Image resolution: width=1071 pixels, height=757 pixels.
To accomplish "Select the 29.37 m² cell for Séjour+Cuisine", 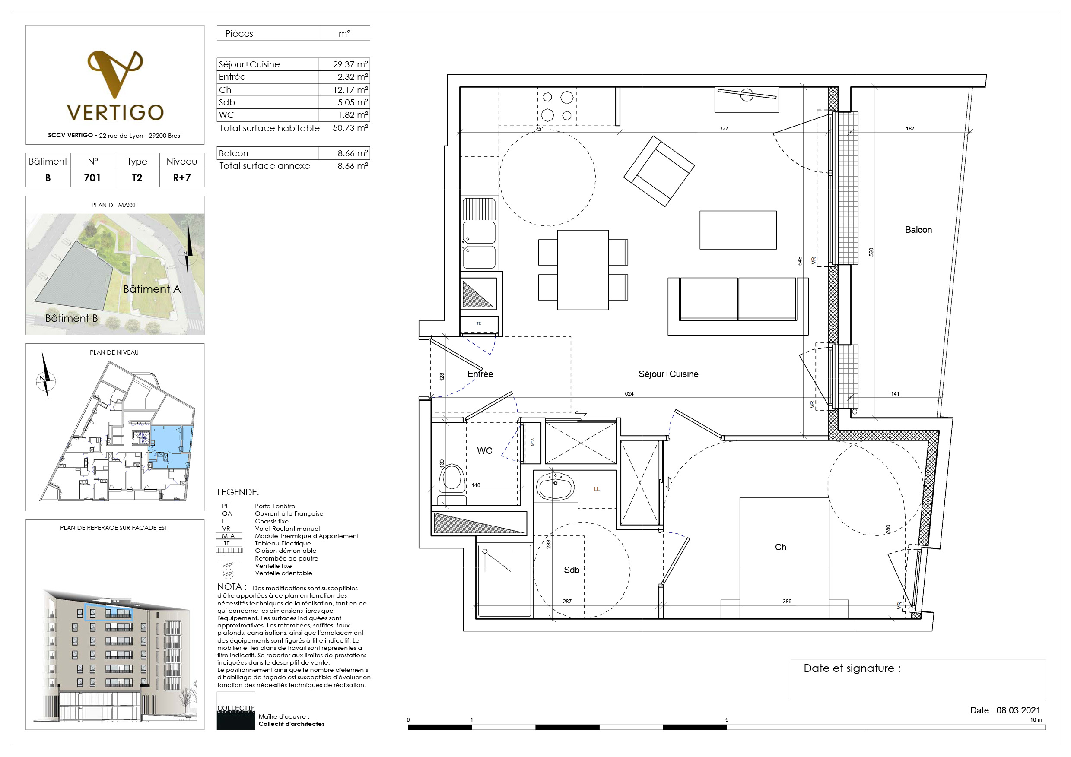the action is coord(344,64).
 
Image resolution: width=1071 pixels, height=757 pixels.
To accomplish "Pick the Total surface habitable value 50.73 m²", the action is coord(350,128).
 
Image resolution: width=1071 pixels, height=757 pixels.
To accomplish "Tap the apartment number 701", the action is coord(92,177).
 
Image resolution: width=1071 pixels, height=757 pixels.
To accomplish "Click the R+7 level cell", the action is coord(181,177).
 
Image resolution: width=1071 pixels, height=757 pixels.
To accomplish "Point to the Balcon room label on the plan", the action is coord(918,230).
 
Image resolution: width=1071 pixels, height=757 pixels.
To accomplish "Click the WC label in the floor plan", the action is coord(484,451).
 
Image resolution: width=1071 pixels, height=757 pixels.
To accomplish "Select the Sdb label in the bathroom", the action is coord(572,570).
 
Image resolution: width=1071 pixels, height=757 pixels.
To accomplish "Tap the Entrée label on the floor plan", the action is coord(480,374).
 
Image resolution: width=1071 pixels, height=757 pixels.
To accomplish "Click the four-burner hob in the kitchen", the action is coord(557,106).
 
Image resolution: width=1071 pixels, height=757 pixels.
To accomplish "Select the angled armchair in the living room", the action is coord(659,171).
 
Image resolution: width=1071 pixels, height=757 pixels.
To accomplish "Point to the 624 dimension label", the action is coord(629,394).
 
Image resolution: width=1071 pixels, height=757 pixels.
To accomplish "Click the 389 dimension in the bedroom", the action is coord(787,601).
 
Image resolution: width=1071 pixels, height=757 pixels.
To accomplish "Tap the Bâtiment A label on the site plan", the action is coord(152,289).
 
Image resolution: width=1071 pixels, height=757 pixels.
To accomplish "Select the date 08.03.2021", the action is coord(1018,710).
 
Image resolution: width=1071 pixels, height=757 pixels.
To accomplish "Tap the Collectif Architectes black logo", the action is coord(235,710).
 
